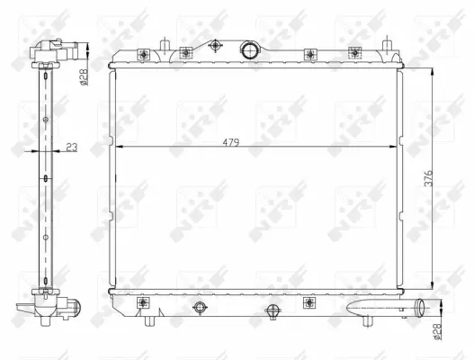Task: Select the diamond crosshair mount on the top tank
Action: tap(217, 47)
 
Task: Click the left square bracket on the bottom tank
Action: tap(144, 302)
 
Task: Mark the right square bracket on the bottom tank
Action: tap(309, 301)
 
